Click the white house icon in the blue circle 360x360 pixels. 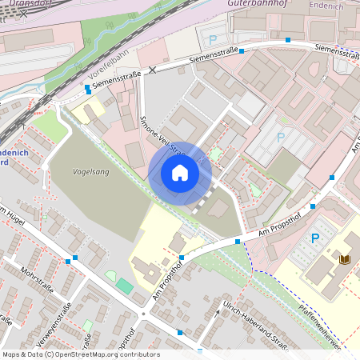[180, 173]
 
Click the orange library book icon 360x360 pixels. [344, 259]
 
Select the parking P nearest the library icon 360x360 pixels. [314, 238]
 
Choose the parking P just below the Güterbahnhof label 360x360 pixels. [212, 39]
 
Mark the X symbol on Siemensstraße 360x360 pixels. [152, 70]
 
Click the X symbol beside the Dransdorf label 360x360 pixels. [24, 14]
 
